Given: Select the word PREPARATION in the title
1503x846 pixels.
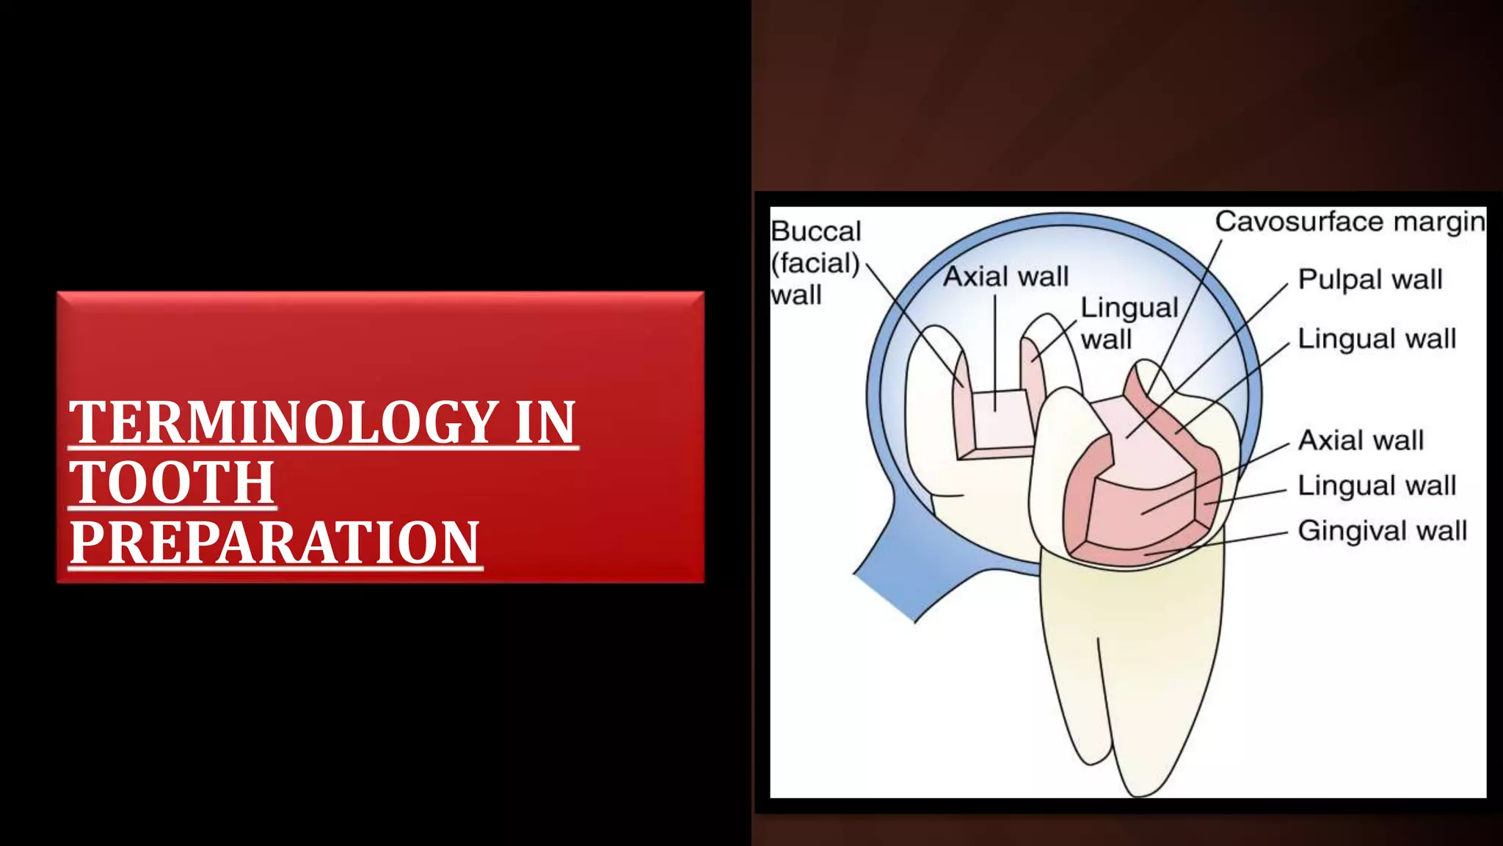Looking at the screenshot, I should point(274,543).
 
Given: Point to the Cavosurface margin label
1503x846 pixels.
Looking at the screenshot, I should point(1349,221).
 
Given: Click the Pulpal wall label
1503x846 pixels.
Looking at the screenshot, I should point(1369,279).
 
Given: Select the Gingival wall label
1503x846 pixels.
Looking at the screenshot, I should point(1382,530).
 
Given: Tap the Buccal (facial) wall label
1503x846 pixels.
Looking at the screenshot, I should point(815,263).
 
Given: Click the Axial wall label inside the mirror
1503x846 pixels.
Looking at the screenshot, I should point(1005,277).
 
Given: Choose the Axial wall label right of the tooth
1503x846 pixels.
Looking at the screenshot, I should point(1361,440).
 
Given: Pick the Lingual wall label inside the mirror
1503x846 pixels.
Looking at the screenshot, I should point(1129,323).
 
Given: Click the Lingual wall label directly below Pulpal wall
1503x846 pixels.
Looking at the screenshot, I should point(1376,339).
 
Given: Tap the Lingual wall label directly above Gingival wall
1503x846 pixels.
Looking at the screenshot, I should point(1376,485).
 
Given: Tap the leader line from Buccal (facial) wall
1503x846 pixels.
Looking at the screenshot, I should point(914,323).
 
